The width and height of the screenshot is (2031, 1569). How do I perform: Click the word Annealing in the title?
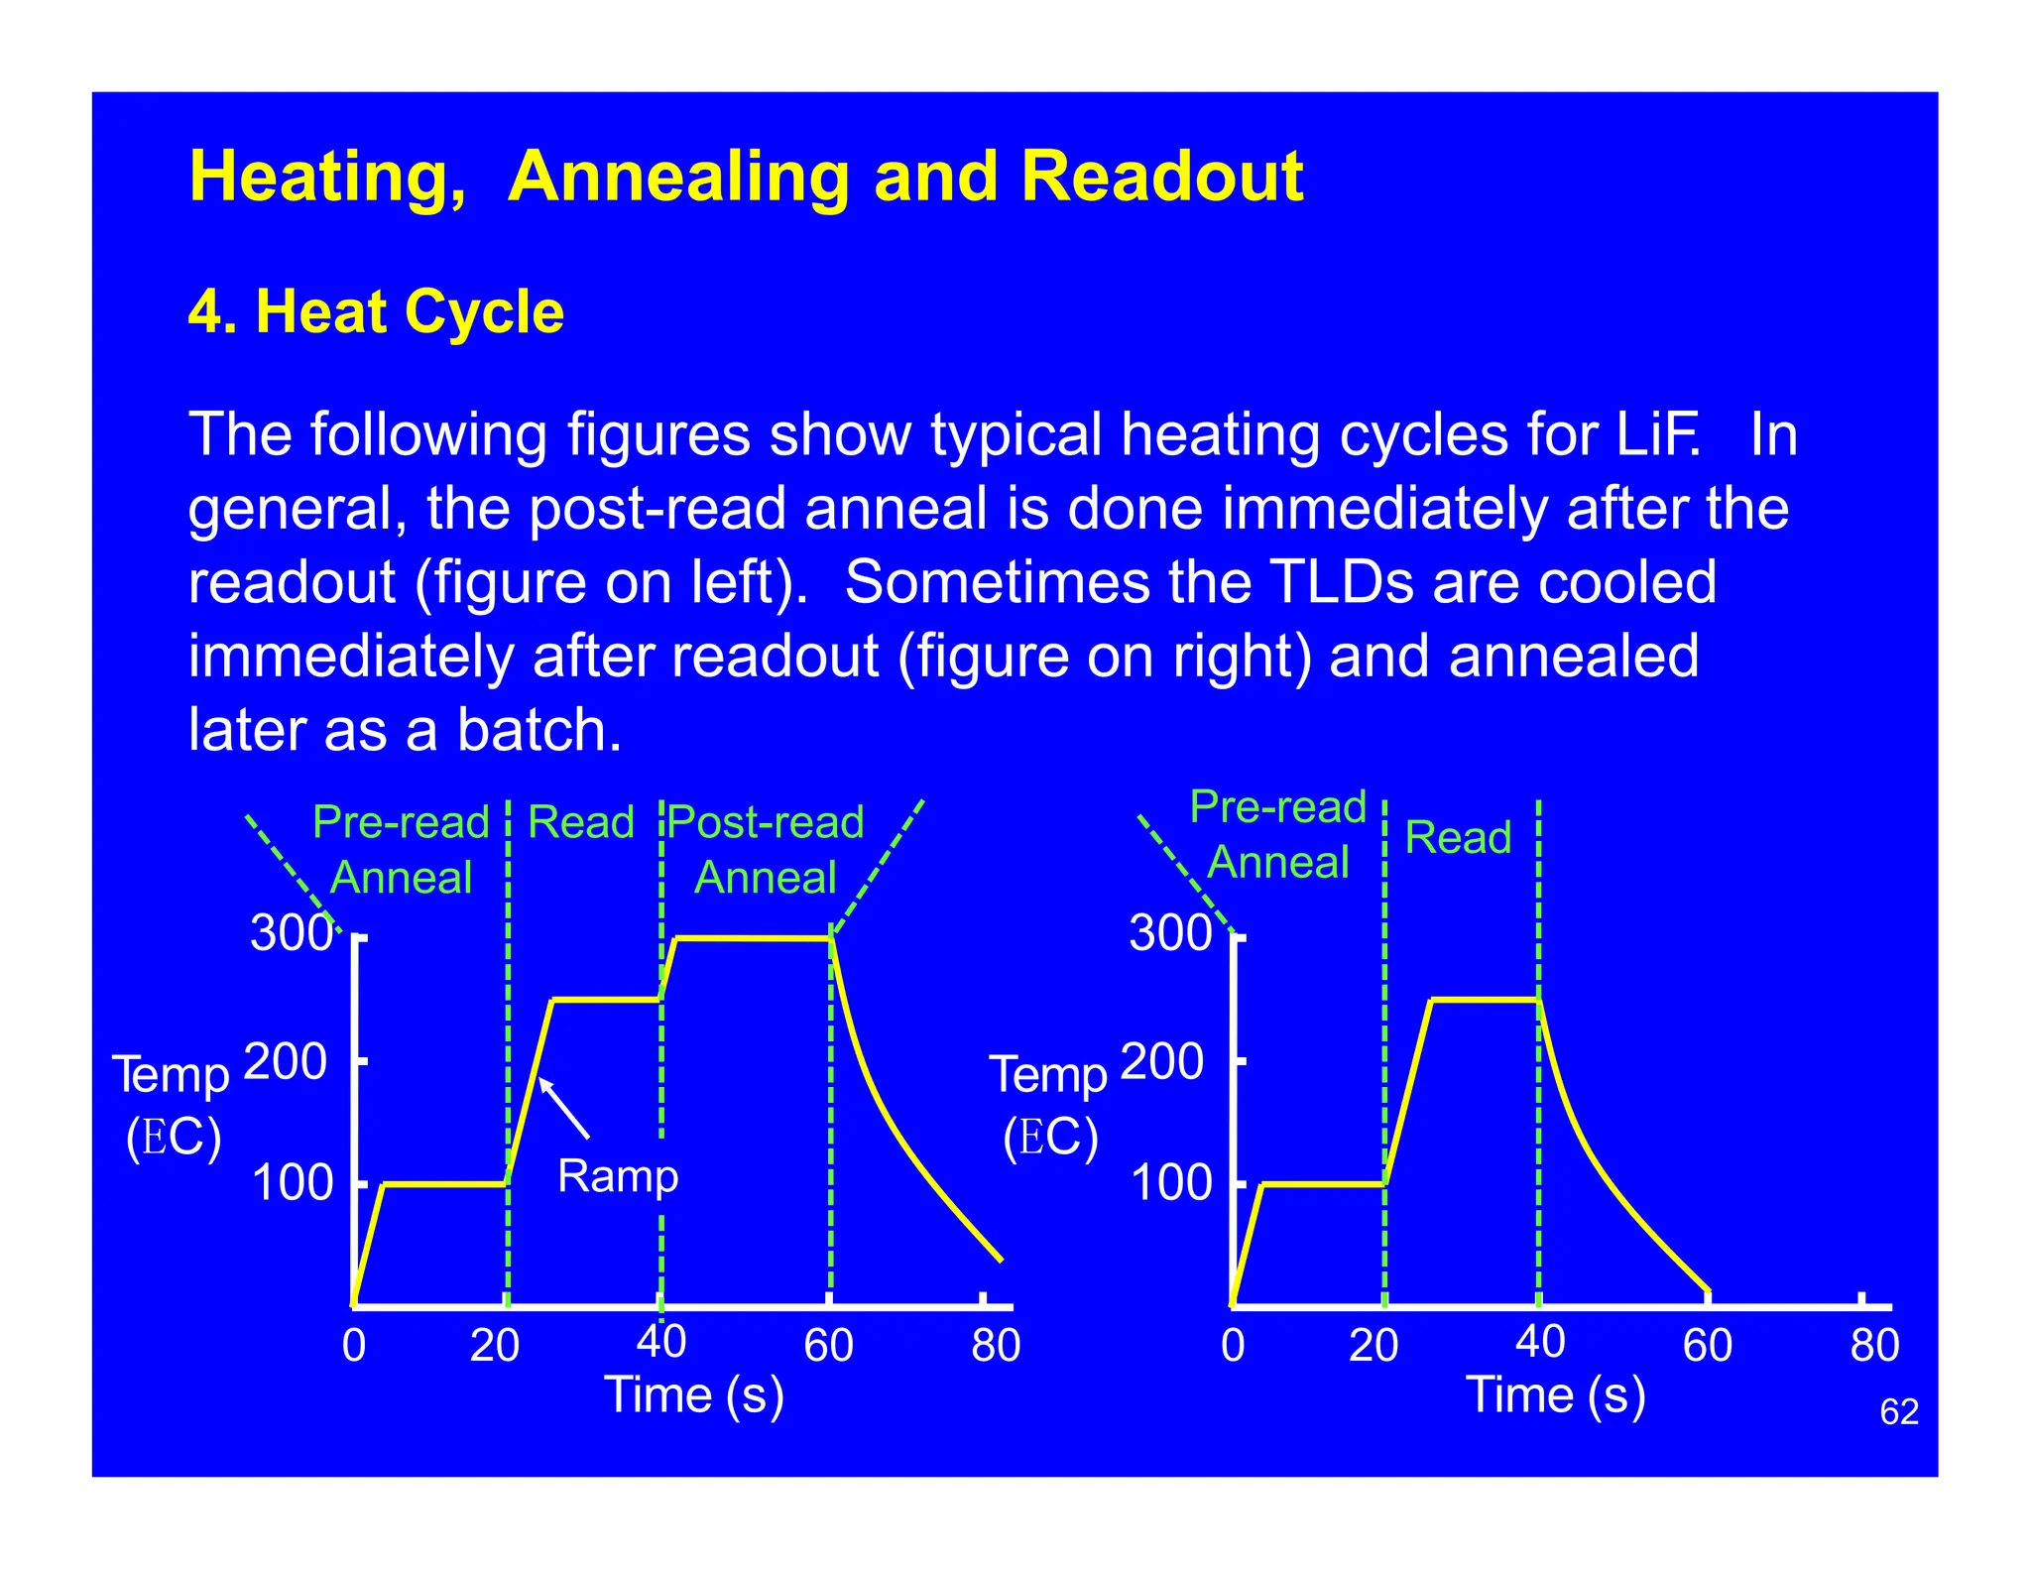pos(678,178)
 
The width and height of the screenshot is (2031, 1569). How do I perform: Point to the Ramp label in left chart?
pos(617,1176)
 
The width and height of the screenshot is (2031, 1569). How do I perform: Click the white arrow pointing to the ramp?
pos(564,1108)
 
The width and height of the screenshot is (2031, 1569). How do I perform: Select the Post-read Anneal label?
pos(766,850)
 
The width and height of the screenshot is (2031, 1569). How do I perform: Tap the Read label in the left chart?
pos(580,822)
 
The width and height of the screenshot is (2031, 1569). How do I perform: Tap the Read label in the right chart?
pos(1457,838)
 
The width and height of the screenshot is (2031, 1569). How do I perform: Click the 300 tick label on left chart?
pos(291,933)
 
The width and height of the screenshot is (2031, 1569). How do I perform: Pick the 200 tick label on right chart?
pos(1161,1062)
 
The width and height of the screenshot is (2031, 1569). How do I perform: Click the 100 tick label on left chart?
pos(292,1183)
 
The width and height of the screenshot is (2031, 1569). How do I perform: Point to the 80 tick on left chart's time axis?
pos(995,1346)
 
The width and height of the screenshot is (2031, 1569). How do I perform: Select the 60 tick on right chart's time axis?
pos(1707,1346)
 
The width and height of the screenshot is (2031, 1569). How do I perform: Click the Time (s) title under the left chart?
pos(693,1395)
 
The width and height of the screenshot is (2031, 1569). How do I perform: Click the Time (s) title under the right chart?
pos(1554,1395)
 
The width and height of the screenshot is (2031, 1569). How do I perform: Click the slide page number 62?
pos(1898,1411)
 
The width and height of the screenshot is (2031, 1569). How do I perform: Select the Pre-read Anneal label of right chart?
pos(1277,835)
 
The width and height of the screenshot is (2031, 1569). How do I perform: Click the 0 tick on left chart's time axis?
pos(354,1346)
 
